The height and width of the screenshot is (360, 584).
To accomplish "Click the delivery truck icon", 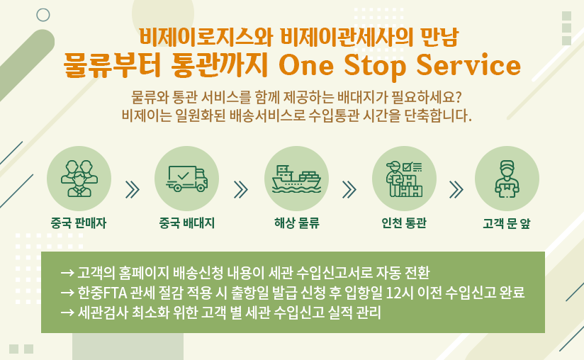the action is pyautogui.click(x=187, y=179).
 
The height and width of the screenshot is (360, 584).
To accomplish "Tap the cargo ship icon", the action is pyautogui.click(x=296, y=179).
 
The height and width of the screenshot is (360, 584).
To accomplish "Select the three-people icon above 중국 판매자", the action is pyautogui.click(x=79, y=179).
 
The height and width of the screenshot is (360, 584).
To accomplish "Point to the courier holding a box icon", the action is pyautogui.click(x=507, y=179).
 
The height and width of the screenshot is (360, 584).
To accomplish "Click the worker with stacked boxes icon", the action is pyautogui.click(x=405, y=179).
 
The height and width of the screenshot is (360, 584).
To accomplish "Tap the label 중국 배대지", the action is pyautogui.click(x=186, y=223).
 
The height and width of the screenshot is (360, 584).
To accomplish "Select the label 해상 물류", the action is pyautogui.click(x=297, y=223).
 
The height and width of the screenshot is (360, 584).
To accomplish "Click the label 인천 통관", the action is pyautogui.click(x=404, y=223).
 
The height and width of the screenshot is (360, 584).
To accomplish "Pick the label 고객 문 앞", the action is pyautogui.click(x=507, y=223).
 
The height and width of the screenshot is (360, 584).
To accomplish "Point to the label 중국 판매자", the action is pyautogui.click(x=79, y=223).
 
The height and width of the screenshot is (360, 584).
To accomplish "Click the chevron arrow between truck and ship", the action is pyautogui.click(x=240, y=189).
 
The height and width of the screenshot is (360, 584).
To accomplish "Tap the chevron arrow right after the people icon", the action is pyautogui.click(x=133, y=189).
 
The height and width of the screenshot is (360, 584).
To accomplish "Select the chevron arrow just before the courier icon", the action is pyautogui.click(x=456, y=189).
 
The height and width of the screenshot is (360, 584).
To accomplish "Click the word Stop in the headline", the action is pyautogui.click(x=375, y=65).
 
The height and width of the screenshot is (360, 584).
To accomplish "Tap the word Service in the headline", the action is pyautogui.click(x=468, y=64).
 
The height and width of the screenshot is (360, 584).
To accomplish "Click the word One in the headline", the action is pyautogui.click(x=306, y=65).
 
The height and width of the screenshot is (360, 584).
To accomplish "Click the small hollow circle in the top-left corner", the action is pyautogui.click(x=43, y=15).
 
